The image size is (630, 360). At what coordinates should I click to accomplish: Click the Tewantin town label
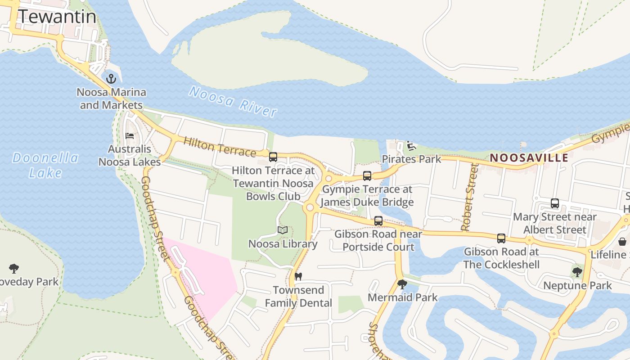[57, 17]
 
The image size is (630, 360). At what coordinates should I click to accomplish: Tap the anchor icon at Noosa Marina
[111, 79]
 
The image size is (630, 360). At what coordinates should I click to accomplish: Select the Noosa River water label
[233, 102]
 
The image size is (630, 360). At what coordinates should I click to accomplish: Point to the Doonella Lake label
[45, 165]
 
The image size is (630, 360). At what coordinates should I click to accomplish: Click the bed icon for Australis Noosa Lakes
[130, 135]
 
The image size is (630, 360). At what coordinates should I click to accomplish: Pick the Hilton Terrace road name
[220, 147]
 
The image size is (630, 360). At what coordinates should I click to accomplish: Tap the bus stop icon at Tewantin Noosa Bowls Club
[273, 157]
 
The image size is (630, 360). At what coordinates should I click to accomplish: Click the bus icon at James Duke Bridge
[367, 176]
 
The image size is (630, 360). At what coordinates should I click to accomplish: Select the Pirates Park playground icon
[411, 146]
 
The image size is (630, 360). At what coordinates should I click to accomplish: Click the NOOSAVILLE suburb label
[529, 158]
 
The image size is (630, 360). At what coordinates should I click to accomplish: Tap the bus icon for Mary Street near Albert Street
[555, 203]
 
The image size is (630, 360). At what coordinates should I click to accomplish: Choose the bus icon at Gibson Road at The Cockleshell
[501, 238]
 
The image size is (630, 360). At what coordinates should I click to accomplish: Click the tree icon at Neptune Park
[577, 272]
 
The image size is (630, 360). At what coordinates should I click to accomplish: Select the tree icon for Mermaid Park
[402, 284]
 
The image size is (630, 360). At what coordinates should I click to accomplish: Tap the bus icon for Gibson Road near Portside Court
[378, 221]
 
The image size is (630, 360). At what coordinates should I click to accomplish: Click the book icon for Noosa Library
[283, 230]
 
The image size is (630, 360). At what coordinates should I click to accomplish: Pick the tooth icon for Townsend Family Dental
[297, 276]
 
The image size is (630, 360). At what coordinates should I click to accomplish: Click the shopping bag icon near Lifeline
[622, 242]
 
